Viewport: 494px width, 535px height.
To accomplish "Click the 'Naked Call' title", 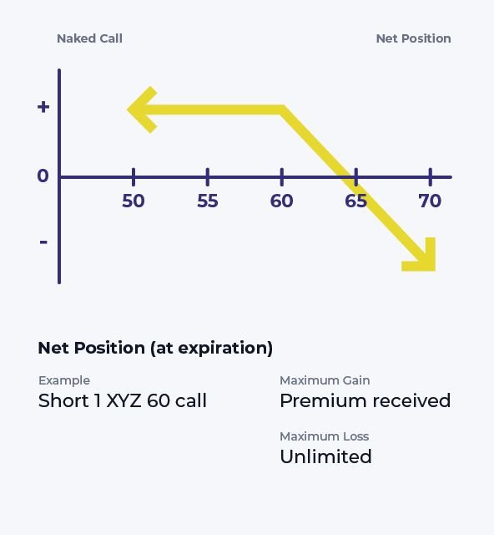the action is pos(89,38).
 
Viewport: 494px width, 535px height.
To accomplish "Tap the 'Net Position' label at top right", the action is pos(414,38).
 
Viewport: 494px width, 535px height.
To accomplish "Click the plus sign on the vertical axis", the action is pos(43,107).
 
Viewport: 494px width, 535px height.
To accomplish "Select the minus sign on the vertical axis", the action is pos(43,242).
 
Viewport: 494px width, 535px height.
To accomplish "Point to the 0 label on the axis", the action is pos(43,176).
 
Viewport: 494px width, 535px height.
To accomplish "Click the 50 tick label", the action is pos(134,201).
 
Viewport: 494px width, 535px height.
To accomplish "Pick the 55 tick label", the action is pos(208,201).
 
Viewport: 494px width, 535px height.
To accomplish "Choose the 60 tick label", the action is pos(282,201).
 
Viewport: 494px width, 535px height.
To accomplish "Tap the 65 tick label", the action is pos(356,201).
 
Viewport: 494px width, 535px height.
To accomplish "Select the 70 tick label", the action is pos(430,201).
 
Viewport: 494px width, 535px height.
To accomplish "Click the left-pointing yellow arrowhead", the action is pos(141,110).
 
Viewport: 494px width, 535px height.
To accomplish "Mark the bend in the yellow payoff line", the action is pos(282,110).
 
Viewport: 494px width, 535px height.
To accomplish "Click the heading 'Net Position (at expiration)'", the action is pos(155,349).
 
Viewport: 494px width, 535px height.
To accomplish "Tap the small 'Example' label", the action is pos(64,380).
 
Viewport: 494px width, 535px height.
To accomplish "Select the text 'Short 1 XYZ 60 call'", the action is pos(123,400).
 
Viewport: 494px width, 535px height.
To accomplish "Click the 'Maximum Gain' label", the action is pos(325,380).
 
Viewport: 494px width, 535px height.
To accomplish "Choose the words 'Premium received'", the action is pos(365,400).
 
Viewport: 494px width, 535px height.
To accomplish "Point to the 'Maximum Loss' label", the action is pos(325,436).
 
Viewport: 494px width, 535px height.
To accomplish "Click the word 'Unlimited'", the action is pos(325,456).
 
